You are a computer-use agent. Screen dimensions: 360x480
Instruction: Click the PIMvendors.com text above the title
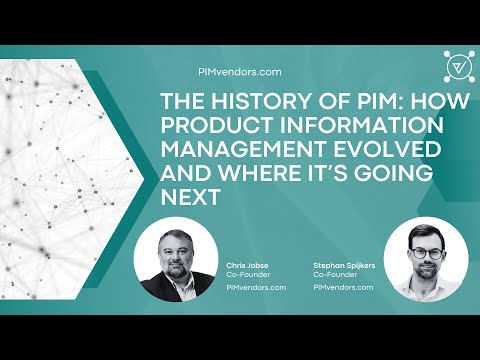point(241,71)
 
